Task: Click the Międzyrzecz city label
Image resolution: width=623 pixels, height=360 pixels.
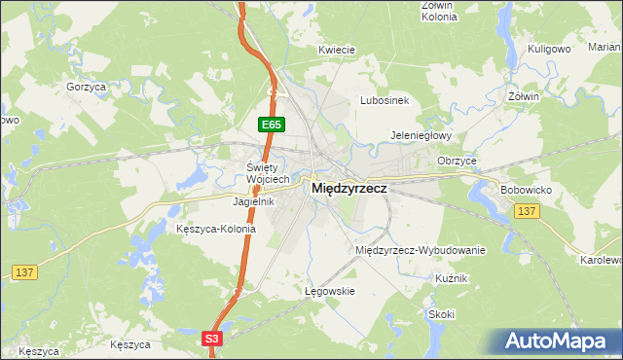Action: (x=348, y=192)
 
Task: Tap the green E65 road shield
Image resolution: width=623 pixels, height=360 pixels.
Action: (x=272, y=126)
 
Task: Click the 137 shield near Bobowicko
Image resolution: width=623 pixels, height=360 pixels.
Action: (x=527, y=211)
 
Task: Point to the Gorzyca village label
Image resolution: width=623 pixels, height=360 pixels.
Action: (x=86, y=87)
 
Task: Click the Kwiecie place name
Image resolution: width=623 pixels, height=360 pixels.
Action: (x=335, y=50)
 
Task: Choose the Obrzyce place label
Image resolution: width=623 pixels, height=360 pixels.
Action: (x=457, y=160)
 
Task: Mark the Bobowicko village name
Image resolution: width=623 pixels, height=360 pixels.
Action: (x=526, y=188)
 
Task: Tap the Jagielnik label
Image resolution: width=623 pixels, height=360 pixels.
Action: (x=253, y=201)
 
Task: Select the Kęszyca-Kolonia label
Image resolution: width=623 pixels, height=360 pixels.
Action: (x=215, y=230)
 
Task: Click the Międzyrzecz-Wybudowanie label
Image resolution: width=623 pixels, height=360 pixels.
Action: (x=421, y=250)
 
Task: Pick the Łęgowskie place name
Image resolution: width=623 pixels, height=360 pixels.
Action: (x=326, y=291)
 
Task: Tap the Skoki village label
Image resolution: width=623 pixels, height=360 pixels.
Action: (x=441, y=314)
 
